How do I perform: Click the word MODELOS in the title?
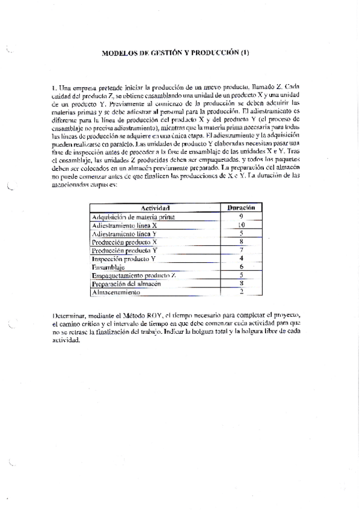click(x=121, y=52)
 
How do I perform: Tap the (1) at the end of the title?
click(x=245, y=52)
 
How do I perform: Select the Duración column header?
click(x=242, y=207)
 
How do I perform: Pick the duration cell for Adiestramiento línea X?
click(x=241, y=224)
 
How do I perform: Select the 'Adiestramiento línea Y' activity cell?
click(x=125, y=233)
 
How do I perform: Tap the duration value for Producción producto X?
click(x=241, y=241)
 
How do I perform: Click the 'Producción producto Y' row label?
click(x=125, y=250)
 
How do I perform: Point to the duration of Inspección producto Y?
click(x=241, y=258)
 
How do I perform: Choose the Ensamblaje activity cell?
click(x=108, y=266)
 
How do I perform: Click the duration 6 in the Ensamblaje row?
click(x=241, y=266)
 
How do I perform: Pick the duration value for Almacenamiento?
click(x=241, y=292)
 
